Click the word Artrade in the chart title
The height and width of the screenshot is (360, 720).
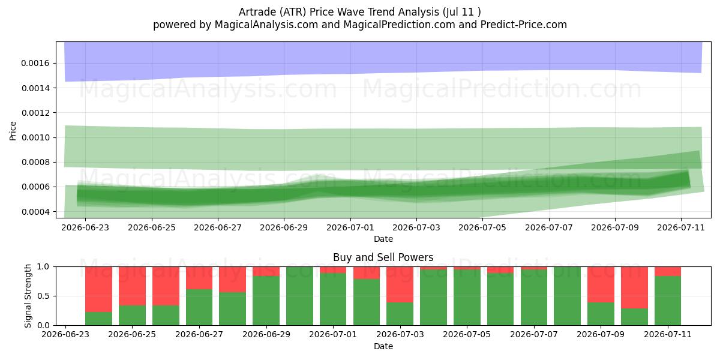click(257, 12)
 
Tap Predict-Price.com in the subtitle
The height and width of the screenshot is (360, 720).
click(524, 25)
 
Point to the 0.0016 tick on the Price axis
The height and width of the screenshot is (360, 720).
click(35, 64)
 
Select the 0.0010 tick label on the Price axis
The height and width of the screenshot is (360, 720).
click(35, 137)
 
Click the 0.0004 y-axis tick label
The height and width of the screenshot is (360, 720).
click(35, 212)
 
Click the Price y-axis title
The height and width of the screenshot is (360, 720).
click(13, 131)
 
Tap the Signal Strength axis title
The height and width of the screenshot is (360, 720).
click(28, 296)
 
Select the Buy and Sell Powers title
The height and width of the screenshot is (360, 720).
click(383, 257)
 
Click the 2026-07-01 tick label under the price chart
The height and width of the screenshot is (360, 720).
click(350, 227)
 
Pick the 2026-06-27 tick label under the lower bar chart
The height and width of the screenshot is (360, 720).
click(199, 335)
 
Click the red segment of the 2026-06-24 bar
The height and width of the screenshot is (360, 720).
click(98, 289)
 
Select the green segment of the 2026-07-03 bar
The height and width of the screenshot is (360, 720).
click(400, 314)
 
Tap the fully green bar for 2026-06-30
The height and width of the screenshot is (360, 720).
click(299, 296)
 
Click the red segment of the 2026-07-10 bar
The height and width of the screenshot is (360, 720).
click(635, 287)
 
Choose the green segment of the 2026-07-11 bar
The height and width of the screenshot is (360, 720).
click(668, 301)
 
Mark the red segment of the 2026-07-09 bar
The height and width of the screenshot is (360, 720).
click(601, 284)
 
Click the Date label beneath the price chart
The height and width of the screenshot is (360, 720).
click(383, 239)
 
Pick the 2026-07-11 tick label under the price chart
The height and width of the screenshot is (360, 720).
click(681, 227)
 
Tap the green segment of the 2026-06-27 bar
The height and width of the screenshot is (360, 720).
click(199, 307)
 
